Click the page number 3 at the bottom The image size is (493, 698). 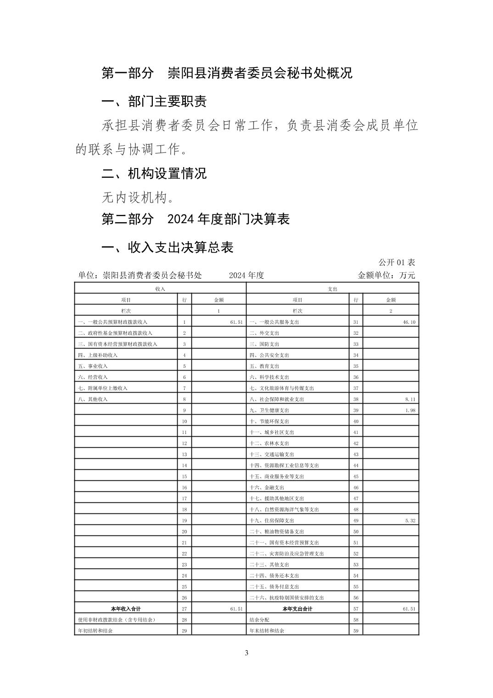coord(246,653)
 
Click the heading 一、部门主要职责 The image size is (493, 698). coord(154,101)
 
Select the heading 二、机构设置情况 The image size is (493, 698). coord(154,174)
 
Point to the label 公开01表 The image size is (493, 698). coord(397,262)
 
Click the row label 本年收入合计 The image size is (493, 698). coord(126,609)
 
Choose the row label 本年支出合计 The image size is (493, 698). coord(297,609)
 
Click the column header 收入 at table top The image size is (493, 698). coord(160,289)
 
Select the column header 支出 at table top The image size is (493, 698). coord(332,289)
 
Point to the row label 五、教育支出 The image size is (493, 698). coord(264,366)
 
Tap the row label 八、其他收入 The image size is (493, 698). coord(93,400)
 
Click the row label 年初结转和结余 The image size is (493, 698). coord(95,631)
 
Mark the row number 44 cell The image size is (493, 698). coord(356,466)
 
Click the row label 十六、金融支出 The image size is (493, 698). coord(267,488)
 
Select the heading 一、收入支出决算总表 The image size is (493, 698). coord(167,248)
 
